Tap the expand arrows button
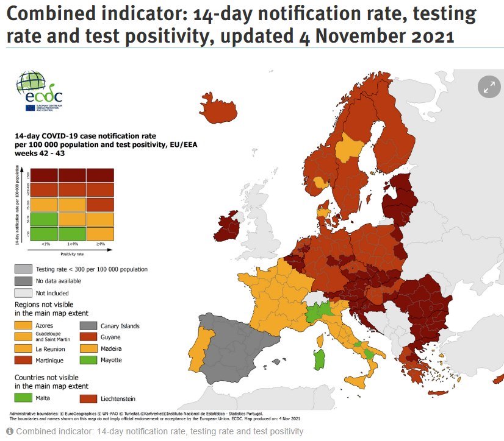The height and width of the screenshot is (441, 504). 489,87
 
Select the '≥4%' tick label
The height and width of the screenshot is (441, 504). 100,245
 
